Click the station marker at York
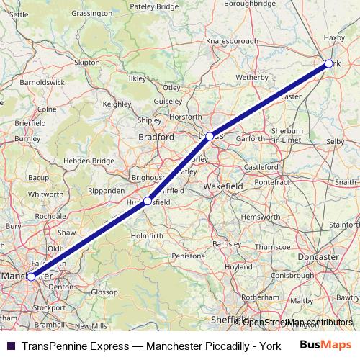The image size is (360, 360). [329, 64]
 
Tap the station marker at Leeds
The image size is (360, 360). [210, 136]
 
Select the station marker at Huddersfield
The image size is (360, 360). [148, 202]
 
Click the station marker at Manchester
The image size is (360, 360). [31, 276]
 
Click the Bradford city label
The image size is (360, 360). [156, 136]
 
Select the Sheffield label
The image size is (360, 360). [229, 318]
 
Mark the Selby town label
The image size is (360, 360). [335, 142]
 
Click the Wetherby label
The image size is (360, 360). [251, 76]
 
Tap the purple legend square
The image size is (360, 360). [11, 345]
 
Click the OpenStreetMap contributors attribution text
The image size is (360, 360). [297, 322]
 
